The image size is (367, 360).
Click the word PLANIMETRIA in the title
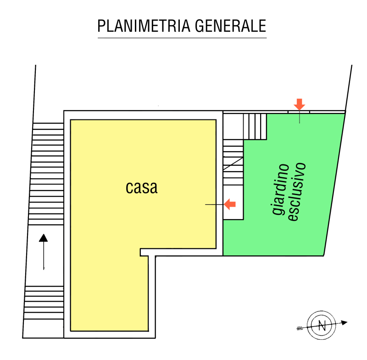[144, 26]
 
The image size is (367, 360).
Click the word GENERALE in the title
[231, 26]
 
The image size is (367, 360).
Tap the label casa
[142, 187]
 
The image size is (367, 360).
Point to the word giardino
[281, 189]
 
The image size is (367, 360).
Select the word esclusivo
[296, 191]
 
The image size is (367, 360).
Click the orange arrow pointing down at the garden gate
[300, 104]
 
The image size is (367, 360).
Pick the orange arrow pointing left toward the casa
[230, 204]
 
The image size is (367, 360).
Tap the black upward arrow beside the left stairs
[43, 252]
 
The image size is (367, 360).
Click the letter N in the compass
[322, 326]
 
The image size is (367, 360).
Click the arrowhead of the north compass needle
[344, 322]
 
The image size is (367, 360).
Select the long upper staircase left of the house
[47, 174]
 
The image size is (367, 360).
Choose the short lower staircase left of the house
[44, 303]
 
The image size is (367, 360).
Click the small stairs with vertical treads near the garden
[255, 126]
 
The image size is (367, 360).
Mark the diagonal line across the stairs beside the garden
[233, 163]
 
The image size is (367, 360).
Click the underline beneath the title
[182, 38]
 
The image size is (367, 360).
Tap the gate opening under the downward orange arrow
[299, 112]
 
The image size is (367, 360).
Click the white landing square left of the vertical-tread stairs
[233, 126]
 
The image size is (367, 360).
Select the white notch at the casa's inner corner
[144, 252]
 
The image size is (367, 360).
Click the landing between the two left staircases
[44, 256]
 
